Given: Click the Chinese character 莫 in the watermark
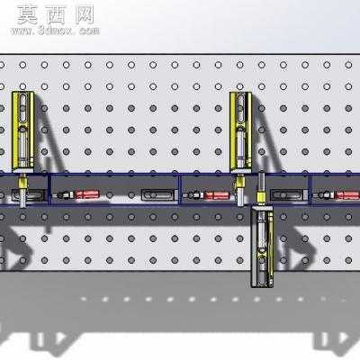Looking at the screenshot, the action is click(x=28, y=15).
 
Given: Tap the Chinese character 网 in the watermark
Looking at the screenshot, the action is click(x=85, y=15).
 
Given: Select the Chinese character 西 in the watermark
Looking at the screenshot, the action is click(x=56, y=15).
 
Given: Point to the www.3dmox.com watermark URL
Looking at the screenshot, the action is click(x=55, y=31).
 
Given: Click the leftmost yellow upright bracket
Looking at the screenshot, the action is click(x=22, y=132).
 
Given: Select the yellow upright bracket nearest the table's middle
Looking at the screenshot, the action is click(x=240, y=132).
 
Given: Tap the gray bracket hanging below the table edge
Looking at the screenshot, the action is click(x=262, y=247).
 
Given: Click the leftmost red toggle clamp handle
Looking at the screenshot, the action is click(x=87, y=194).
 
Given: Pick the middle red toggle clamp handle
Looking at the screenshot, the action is click(x=218, y=195).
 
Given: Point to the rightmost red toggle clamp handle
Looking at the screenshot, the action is click(x=347, y=195).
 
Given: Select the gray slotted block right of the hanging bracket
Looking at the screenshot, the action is click(x=287, y=195).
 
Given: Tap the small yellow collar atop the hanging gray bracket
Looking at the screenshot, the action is click(x=260, y=197).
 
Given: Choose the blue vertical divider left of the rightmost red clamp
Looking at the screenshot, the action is click(x=310, y=190).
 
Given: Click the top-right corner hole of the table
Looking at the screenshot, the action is click(x=348, y=65).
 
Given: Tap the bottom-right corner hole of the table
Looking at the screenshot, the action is click(x=348, y=260).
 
